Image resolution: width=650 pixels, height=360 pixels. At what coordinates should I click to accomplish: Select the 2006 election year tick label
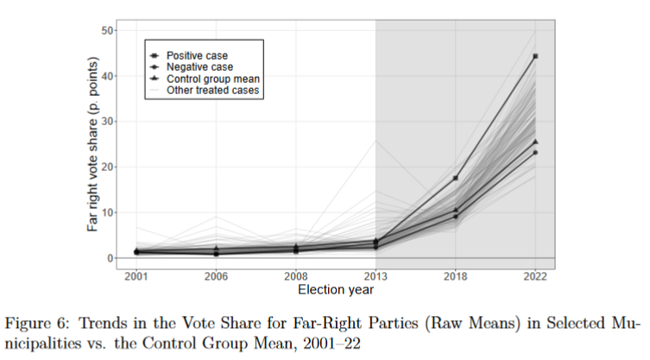(x=215, y=278)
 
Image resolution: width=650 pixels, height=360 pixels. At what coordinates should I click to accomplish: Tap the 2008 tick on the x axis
(x=295, y=278)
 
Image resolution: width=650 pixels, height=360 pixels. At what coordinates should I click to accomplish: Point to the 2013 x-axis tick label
(x=375, y=278)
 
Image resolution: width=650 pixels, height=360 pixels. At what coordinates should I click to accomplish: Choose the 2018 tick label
(x=455, y=278)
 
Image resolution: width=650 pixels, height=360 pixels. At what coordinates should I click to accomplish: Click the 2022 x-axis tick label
(x=535, y=278)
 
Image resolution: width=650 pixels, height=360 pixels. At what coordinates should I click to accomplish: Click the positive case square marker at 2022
(x=535, y=56)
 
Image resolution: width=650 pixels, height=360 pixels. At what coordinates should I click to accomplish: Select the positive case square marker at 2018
(x=455, y=178)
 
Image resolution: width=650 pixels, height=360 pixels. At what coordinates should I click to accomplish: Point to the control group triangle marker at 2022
(x=535, y=142)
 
